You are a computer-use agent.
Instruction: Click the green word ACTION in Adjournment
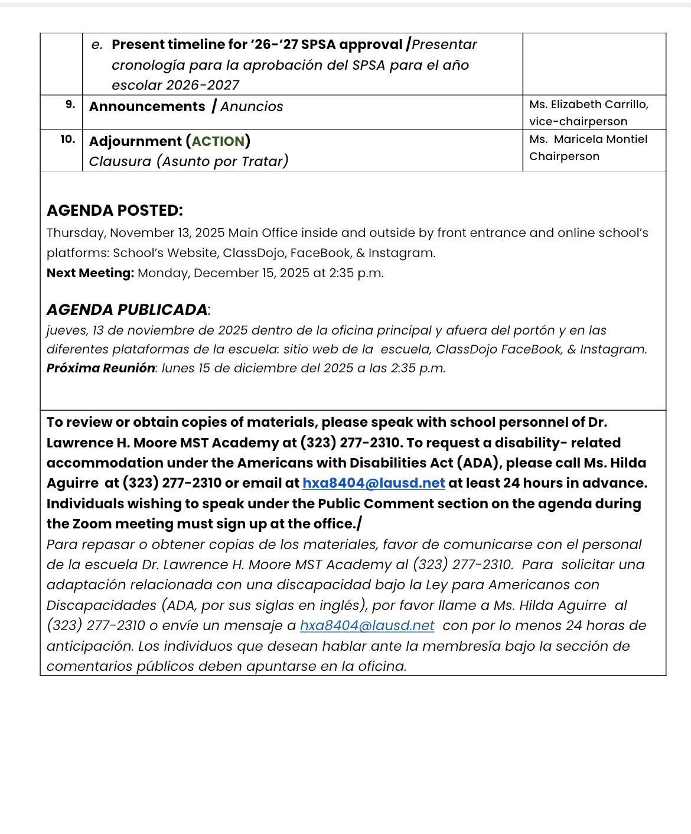coord(218,141)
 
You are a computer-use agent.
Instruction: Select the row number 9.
coord(70,105)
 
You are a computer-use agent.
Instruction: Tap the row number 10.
coord(68,139)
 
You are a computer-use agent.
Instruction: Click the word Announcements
coord(147,106)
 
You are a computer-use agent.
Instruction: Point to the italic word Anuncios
coord(252,106)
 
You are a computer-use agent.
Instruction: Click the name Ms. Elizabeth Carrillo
coord(588,105)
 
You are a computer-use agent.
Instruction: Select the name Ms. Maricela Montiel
coord(588,139)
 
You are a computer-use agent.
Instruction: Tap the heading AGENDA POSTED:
coord(115,210)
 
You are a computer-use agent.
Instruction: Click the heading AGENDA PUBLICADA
coord(127,310)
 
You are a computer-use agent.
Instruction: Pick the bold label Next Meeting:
coord(90,273)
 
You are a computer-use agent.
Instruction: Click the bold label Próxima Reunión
coord(100,368)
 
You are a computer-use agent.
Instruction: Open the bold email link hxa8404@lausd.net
coord(373,483)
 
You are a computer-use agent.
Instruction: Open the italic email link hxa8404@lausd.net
coord(367,625)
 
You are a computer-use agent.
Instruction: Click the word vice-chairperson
coord(578,122)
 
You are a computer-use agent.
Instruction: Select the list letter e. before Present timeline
coord(97,45)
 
